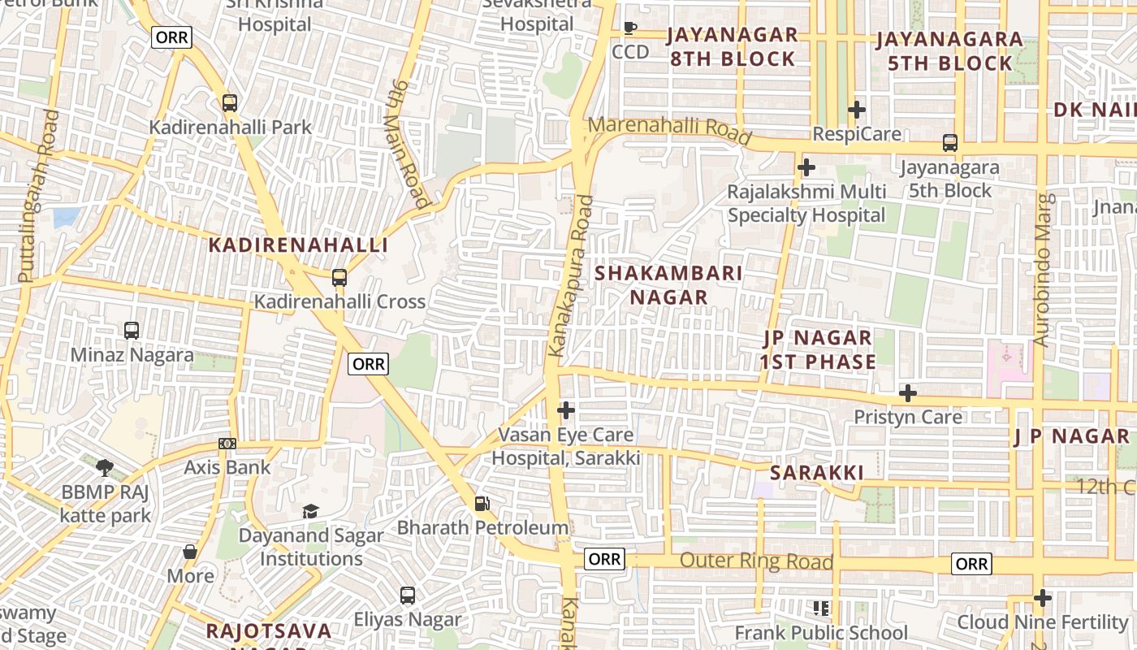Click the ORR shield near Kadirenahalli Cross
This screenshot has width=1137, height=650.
(368, 364)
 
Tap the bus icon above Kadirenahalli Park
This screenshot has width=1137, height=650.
(230, 103)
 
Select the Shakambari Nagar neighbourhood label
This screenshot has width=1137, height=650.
(668, 285)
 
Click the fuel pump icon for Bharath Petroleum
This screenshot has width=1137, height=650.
(482, 504)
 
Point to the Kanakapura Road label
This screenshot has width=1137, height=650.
(572, 276)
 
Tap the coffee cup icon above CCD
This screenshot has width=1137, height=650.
(630, 28)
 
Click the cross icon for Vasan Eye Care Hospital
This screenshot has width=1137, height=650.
(566, 410)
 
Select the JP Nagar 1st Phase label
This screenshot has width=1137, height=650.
(818, 350)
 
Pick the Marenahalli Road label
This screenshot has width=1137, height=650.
(670, 131)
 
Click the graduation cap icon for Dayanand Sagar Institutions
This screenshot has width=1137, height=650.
(310, 511)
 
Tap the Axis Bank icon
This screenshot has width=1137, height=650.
(227, 444)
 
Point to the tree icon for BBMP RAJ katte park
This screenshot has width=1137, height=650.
(105, 467)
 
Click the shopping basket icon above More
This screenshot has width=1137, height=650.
(190, 552)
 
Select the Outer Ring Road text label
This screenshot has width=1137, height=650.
(756, 561)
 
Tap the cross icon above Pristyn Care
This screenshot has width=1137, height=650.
(907, 394)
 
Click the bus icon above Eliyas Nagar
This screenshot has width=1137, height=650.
(408, 596)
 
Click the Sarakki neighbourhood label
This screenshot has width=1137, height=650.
(816, 473)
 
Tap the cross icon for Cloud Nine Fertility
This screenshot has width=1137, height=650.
(1043, 599)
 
